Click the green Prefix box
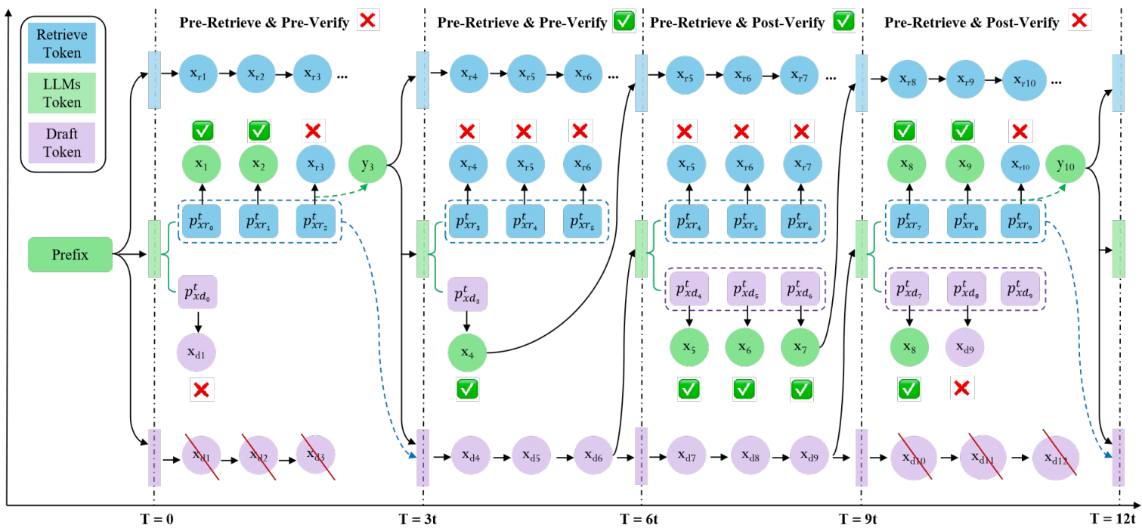point(70,254)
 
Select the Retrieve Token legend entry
point(62,43)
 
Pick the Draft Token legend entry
point(62,143)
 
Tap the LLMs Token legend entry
point(62,93)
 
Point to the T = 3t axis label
point(417,520)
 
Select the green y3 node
point(367,164)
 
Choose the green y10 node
point(1066,164)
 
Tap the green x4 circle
point(467,353)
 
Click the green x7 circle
point(800,347)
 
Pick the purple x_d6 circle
point(593,455)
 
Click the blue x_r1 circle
point(198,74)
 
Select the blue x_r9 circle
point(965,79)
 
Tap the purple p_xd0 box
point(198,292)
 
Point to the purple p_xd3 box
point(467,294)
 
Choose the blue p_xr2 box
point(316,221)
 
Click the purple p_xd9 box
point(1020,289)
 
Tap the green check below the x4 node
point(467,390)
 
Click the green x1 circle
point(202,164)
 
